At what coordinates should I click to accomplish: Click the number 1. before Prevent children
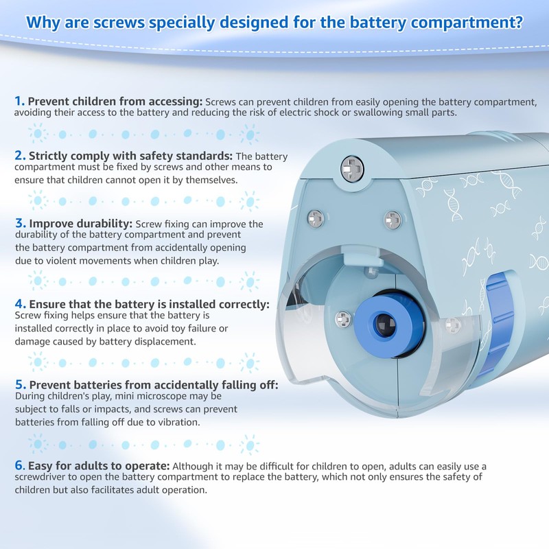(19, 101)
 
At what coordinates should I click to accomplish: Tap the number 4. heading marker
(20, 303)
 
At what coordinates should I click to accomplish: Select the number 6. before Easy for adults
(20, 465)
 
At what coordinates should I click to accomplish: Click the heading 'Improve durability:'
(81, 224)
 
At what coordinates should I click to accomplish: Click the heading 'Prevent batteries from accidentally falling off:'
(153, 385)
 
